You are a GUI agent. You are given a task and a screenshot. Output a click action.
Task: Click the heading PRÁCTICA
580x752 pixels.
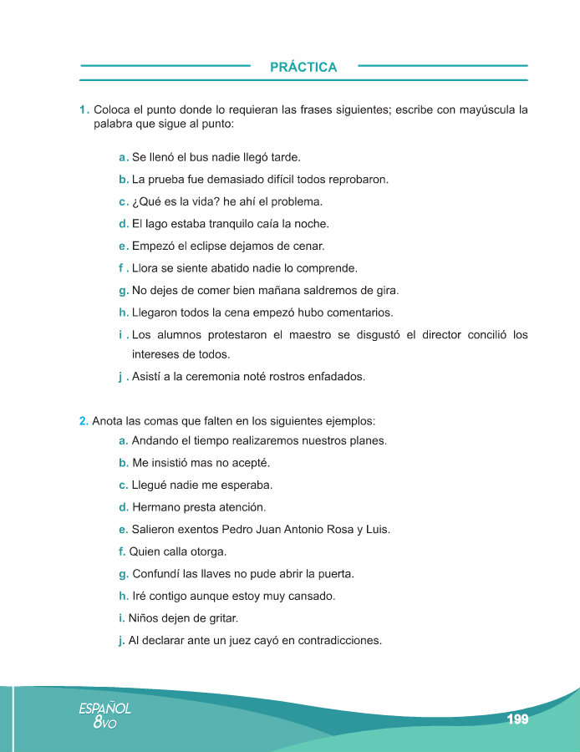(x=303, y=67)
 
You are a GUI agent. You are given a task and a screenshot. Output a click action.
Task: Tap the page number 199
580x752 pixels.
(x=517, y=719)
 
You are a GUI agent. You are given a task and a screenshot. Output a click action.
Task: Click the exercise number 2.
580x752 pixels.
(x=84, y=420)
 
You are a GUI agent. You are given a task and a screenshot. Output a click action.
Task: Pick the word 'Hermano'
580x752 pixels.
(x=157, y=507)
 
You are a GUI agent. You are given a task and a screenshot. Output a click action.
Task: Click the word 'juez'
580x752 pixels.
(x=260, y=641)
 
